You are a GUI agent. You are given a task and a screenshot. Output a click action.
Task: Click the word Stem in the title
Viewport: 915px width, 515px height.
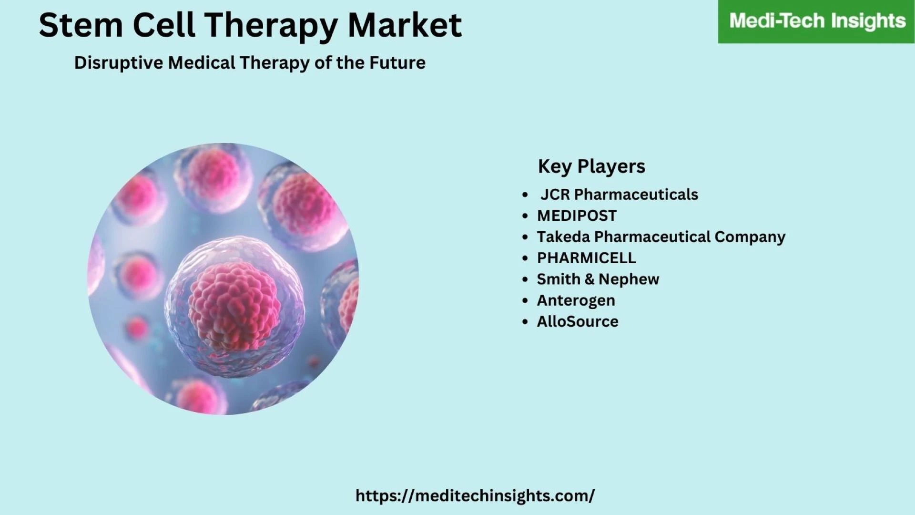[x=81, y=25]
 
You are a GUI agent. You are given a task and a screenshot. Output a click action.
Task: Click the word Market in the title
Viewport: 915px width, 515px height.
[x=405, y=25]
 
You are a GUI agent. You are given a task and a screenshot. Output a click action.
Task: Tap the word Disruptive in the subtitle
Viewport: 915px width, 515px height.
[x=119, y=63]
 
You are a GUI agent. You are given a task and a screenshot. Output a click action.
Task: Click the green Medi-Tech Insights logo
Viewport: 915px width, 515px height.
[x=817, y=21]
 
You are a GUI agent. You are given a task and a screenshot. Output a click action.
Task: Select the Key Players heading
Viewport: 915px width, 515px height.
[x=591, y=166]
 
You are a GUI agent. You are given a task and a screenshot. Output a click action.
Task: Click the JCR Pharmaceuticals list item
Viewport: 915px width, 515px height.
[x=619, y=195]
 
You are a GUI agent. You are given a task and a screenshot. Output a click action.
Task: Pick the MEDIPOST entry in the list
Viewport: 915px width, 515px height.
[x=577, y=216]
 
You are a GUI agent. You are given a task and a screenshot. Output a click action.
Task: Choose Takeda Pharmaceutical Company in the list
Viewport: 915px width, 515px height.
[x=661, y=237]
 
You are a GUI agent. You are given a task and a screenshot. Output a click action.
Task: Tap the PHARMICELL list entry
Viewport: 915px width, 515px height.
[x=586, y=258]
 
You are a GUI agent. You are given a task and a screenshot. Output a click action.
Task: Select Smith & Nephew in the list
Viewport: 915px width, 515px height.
[x=598, y=279]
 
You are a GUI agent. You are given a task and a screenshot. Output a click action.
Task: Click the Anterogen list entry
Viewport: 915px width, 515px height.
[x=576, y=300]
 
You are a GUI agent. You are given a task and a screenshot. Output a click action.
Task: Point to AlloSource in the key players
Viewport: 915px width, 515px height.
[x=578, y=321]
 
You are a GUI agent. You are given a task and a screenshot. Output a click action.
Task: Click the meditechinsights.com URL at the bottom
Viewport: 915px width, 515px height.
[x=475, y=496]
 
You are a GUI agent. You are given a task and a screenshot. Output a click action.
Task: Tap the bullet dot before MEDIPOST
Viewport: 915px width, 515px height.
[x=525, y=216]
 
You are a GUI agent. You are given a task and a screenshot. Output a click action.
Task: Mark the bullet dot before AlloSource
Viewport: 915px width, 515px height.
[x=525, y=322]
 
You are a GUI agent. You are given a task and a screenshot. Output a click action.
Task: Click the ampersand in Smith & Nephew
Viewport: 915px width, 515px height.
[x=590, y=279]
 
